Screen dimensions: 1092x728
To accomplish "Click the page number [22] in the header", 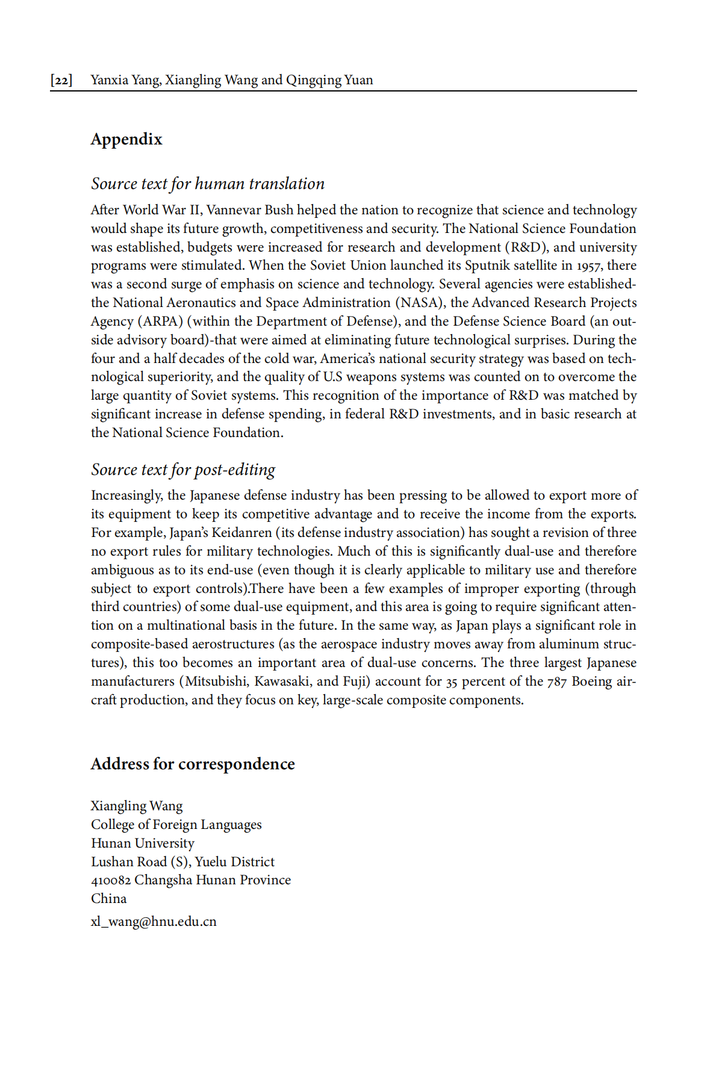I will pyautogui.click(x=61, y=80).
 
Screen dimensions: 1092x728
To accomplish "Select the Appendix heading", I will pyautogui.click(x=126, y=139).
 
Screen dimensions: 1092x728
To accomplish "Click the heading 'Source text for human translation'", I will pyautogui.click(x=208, y=184).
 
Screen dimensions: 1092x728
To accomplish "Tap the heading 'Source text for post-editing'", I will pyautogui.click(x=183, y=470).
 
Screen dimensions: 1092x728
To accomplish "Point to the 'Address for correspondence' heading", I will pyautogui.click(x=193, y=764).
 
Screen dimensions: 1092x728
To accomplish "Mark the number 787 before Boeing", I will pyautogui.click(x=557, y=682).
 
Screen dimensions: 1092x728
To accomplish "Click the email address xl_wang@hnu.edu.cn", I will pyautogui.click(x=154, y=922).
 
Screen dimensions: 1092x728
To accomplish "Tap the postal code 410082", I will pyautogui.click(x=111, y=880).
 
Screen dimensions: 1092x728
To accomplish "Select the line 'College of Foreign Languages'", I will pyautogui.click(x=176, y=825).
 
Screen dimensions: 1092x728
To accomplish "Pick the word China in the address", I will pyautogui.click(x=108, y=899).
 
